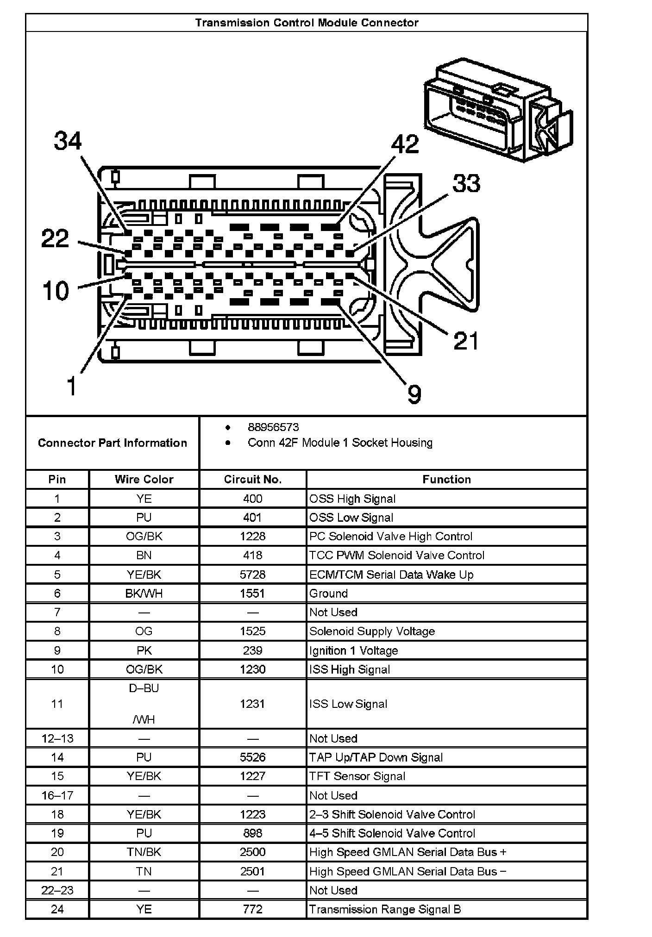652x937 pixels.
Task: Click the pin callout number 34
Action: (x=68, y=141)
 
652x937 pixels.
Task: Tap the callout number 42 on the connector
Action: (x=405, y=144)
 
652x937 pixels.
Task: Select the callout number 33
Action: (x=466, y=183)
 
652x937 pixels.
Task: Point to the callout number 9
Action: (x=414, y=394)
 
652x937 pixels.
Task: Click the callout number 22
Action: (x=55, y=239)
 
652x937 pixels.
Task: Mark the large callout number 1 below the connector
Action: (x=71, y=387)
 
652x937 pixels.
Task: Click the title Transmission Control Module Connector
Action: (x=307, y=23)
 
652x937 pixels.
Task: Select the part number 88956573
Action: (x=273, y=427)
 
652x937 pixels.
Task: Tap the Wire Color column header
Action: (x=144, y=480)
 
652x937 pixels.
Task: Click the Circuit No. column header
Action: (x=253, y=480)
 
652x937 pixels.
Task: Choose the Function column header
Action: (x=446, y=480)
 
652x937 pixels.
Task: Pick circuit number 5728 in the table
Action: (x=253, y=575)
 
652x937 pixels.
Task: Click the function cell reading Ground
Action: (x=328, y=593)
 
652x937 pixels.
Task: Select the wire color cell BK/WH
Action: (x=144, y=593)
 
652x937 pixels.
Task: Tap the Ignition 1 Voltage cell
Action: (x=353, y=650)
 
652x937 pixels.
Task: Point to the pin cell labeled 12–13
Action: (x=57, y=738)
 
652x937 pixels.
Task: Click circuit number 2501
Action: (x=253, y=871)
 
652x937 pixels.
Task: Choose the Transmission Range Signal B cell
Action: (x=385, y=909)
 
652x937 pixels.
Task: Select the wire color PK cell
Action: (x=144, y=650)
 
